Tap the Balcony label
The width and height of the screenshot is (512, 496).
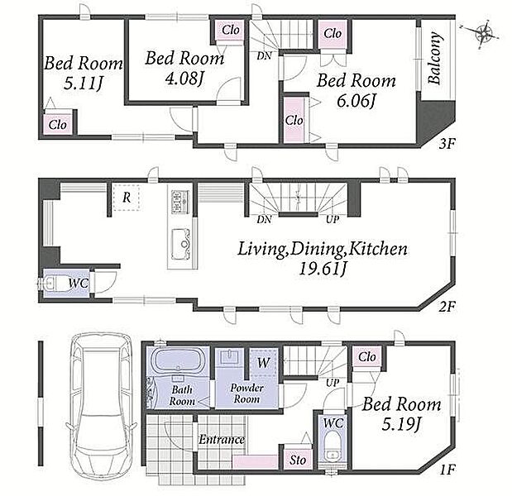pos(435,58)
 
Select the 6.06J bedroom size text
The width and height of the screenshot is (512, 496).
pos(356,101)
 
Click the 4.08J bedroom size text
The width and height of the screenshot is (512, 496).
pos(184,79)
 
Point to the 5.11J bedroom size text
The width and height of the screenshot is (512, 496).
pos(84,83)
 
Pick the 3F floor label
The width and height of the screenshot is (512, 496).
pos(447,144)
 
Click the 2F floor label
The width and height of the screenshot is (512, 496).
pos(447,306)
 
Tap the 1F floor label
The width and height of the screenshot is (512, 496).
pos(447,470)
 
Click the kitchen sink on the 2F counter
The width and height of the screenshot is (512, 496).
pos(180,244)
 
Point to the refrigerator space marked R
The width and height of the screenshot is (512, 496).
pos(127,198)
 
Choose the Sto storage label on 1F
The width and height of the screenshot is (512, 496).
pos(298,460)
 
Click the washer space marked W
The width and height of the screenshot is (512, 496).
pos(264,363)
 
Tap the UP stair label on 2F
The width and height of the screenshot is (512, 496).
pos(332,220)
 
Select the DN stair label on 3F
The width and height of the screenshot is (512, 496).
pos(264,56)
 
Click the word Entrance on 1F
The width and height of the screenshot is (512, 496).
pos(222,440)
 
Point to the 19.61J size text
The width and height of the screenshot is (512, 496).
pos(323,269)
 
